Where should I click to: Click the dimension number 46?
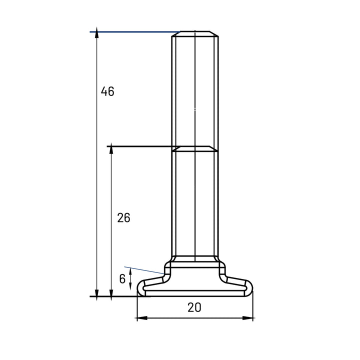coord(107,91)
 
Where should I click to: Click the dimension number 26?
coord(123,217)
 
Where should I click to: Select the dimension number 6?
coord(122,279)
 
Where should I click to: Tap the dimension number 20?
coord(194,307)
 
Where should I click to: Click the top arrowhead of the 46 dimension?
coord(97,32)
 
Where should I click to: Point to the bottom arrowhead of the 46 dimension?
coord(97,295)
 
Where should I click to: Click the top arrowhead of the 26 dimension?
coord(111,148)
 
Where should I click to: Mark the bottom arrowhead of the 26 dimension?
coord(111,295)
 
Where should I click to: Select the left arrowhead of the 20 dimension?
coord(142,318)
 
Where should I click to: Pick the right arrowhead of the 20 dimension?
coord(247,318)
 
